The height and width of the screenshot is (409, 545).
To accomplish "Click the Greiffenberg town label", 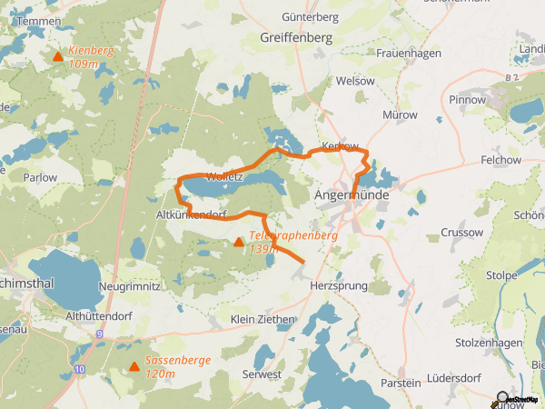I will (x=295, y=37).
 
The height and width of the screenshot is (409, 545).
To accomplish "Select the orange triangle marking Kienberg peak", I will (x=58, y=57).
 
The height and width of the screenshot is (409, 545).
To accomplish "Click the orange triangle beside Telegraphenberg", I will (x=238, y=243).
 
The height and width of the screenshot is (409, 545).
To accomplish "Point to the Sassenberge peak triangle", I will (x=134, y=367).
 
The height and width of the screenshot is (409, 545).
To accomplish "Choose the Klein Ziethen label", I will (x=263, y=320).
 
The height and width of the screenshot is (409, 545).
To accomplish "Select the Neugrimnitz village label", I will (x=135, y=285).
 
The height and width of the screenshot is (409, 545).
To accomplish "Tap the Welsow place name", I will (x=355, y=81).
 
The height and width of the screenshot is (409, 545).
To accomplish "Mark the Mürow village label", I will (x=400, y=115).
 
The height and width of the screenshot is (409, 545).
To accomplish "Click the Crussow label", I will (x=461, y=233).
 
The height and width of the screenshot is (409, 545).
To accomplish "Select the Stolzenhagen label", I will (x=490, y=343).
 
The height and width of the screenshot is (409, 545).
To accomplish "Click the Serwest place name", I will (x=262, y=374).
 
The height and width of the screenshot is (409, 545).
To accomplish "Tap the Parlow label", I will (x=40, y=177).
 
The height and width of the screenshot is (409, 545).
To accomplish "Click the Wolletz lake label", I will (x=224, y=176).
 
